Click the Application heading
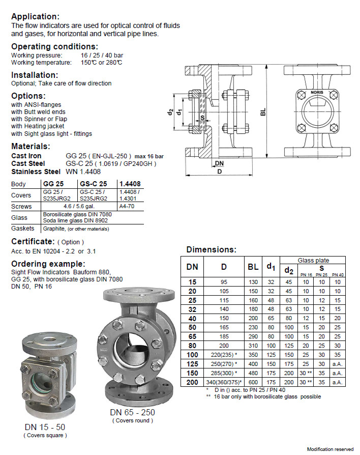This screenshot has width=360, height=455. click(35, 16)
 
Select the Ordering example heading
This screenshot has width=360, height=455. click(48, 264)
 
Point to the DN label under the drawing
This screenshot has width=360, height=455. click(219, 163)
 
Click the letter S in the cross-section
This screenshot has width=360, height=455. click(202, 117)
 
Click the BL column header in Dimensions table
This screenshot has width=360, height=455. click(253, 266)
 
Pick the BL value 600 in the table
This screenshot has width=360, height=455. click(253, 381)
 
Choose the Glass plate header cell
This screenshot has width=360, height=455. click(313, 260)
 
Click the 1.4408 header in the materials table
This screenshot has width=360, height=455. click(130, 183)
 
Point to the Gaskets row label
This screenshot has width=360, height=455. click(23, 229)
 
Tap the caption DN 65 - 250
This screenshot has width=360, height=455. click(132, 412)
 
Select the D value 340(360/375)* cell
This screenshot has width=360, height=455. click(224, 381)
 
